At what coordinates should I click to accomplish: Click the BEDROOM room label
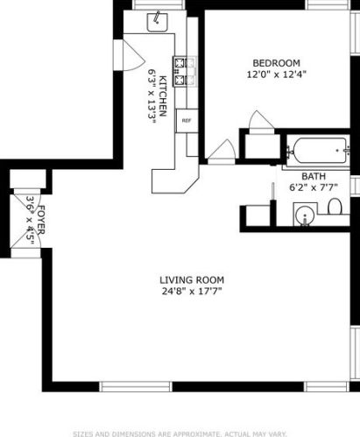coord(276,63)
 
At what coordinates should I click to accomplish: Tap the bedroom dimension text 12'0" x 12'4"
coord(276,74)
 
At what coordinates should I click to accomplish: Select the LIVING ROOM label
coord(192,280)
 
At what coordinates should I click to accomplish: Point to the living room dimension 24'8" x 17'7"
coord(192,292)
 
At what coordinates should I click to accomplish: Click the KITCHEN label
coord(163,95)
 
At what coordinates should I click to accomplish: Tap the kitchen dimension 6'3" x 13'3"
coord(152,96)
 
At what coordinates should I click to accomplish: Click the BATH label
coord(314,176)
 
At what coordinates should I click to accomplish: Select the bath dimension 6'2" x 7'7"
coord(314,187)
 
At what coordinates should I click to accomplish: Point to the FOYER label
coord(41,220)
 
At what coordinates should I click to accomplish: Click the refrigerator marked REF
coord(187,121)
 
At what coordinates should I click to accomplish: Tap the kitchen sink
coord(157,22)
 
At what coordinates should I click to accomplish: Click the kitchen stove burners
coord(180,71)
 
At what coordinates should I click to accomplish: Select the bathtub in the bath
coord(320,151)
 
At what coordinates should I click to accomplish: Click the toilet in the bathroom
coord(335,206)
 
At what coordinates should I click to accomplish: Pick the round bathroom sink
coord(305,215)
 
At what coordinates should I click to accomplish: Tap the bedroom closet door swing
coord(261,120)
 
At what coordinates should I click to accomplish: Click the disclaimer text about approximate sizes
coord(180,433)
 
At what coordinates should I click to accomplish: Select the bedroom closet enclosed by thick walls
coord(262,147)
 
